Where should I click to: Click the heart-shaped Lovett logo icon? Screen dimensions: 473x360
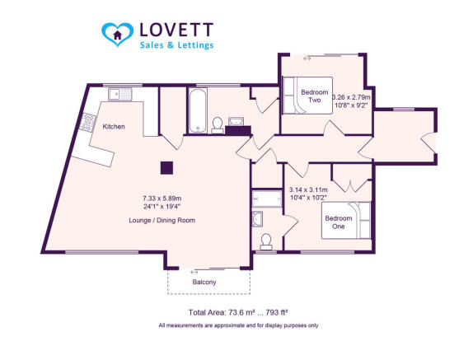(117, 34)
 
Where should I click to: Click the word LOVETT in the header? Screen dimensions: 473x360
(176, 30)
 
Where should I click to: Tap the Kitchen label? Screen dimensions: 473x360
(114, 127)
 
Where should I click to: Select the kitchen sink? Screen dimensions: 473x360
(120, 95)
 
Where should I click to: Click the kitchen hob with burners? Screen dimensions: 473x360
(88, 123)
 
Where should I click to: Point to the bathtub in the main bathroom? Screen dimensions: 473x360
(198, 110)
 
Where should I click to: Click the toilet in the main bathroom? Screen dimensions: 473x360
(218, 125)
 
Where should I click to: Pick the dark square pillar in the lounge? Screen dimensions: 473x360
(166, 168)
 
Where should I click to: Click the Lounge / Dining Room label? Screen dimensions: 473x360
(162, 221)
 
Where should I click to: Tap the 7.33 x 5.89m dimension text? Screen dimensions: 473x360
(162, 199)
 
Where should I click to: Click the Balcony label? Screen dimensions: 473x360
(204, 283)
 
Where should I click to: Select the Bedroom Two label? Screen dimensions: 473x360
(314, 96)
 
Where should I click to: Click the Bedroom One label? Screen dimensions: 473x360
(339, 222)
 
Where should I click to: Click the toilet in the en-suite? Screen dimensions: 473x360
(266, 242)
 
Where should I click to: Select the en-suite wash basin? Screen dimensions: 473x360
(257, 219)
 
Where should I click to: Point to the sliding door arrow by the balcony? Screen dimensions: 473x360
(194, 272)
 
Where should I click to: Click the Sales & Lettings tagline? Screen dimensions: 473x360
(177, 45)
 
